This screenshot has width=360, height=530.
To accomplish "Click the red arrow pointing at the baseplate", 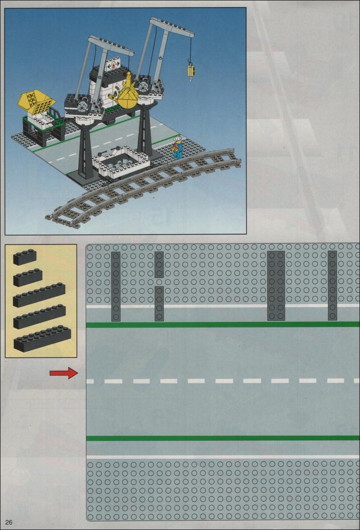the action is coord(64,373).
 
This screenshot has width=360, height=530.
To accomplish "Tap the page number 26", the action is coord(9,522).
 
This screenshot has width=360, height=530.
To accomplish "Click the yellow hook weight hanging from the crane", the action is coord(191,72).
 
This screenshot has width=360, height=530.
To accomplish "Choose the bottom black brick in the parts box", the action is coord(42,339).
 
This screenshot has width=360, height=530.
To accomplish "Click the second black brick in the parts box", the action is coord(28,277).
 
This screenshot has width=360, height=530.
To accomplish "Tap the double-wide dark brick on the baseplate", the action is coord(276,285).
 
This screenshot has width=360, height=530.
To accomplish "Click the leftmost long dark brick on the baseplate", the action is coord(116,286).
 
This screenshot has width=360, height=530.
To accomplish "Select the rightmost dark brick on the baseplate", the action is coord(332,285).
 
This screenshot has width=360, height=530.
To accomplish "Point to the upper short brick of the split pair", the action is coord(159,265).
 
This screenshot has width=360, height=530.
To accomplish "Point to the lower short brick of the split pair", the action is coord(159,304).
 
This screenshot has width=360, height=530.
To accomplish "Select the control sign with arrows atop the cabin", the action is coord(113,66).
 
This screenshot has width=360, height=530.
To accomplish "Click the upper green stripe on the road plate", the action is coord(223,325).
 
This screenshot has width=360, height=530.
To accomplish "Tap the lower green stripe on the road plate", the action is coord(223,438).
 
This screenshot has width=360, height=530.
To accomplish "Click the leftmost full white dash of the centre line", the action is coord(113,381).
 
